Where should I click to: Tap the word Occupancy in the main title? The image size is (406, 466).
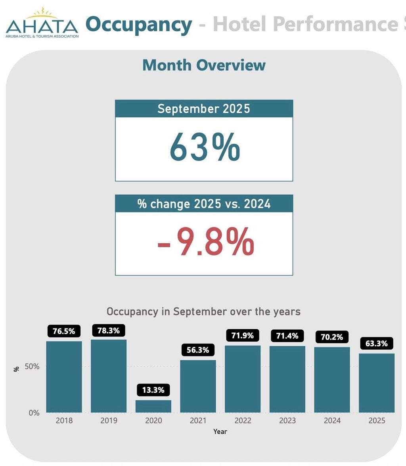click(x=139, y=25)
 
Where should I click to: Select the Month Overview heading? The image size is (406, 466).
click(x=204, y=65)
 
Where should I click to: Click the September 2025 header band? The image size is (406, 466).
click(x=204, y=109)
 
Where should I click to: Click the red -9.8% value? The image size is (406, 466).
click(x=205, y=242)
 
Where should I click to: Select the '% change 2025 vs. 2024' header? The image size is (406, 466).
click(x=204, y=204)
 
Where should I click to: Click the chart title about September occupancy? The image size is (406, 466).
click(x=203, y=311)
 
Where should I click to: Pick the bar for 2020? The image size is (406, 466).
click(x=153, y=406)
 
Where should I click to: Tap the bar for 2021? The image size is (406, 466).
click(x=198, y=386)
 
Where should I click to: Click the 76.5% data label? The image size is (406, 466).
click(x=64, y=331)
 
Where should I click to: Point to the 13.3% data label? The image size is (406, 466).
click(x=153, y=390)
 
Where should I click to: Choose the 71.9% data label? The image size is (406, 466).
click(x=243, y=336)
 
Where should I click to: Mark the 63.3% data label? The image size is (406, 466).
click(x=376, y=344)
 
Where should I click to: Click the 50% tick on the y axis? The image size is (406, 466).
click(x=32, y=367)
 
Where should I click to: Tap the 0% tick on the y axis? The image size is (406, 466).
click(x=34, y=413)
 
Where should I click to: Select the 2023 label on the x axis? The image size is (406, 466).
click(x=287, y=421)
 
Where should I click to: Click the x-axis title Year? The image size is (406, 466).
click(x=220, y=432)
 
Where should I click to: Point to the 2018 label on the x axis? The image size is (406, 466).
click(x=64, y=421)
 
